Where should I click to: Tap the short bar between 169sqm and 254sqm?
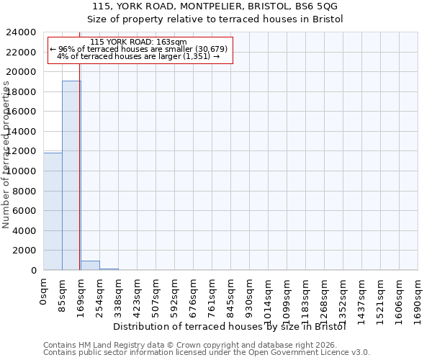[90, 265]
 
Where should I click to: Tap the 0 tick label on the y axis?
[34, 271]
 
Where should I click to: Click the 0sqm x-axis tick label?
[44, 292]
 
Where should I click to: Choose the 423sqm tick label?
[138, 294]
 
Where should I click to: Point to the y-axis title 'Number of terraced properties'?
[6, 155]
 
